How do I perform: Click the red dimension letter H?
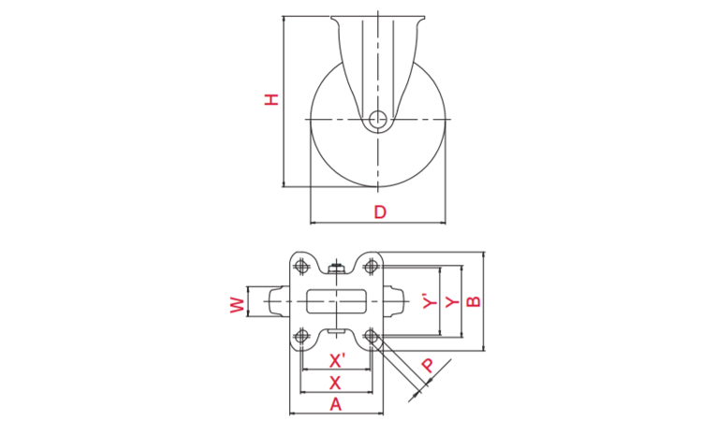(x=271, y=98)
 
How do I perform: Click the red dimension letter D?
(x=379, y=212)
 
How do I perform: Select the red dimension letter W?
(x=237, y=303)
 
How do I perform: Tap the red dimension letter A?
(x=337, y=404)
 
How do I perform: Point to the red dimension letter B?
(x=474, y=301)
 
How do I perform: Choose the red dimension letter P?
(x=429, y=365)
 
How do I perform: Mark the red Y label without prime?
(x=451, y=301)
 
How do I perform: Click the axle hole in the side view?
(x=377, y=119)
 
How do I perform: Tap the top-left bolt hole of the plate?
(x=301, y=266)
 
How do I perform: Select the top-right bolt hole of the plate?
(x=372, y=266)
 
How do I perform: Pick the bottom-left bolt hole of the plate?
(x=301, y=336)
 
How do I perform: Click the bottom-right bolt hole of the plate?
(x=372, y=336)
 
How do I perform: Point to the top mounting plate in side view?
(x=377, y=18)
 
